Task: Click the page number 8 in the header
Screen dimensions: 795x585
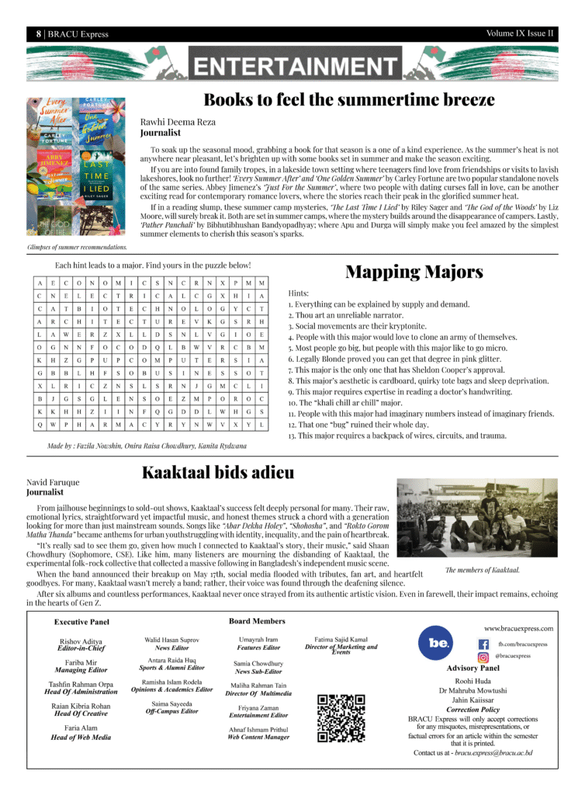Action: pyautogui.click(x=37, y=34)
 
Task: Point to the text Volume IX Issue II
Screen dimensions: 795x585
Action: pyautogui.click(x=520, y=33)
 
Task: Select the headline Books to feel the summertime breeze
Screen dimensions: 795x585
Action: pyautogui.click(x=348, y=100)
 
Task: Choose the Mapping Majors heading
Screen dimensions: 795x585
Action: pyautogui.click(x=414, y=272)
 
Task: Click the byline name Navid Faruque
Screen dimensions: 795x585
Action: pyautogui.click(x=53, y=482)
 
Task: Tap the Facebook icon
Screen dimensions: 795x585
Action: pyautogui.click(x=483, y=644)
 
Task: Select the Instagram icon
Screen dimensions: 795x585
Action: pyautogui.click(x=483, y=657)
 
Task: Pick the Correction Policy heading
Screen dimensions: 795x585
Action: pyautogui.click(x=472, y=710)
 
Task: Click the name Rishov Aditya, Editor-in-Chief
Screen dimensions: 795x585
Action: pyautogui.click(x=81, y=641)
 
